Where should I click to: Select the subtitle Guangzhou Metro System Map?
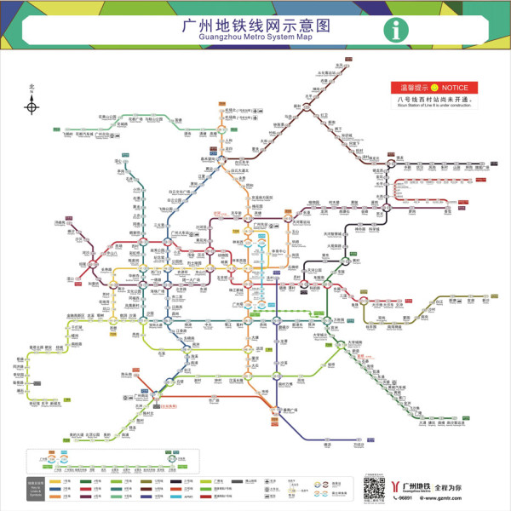255,37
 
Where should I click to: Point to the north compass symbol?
32,106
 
